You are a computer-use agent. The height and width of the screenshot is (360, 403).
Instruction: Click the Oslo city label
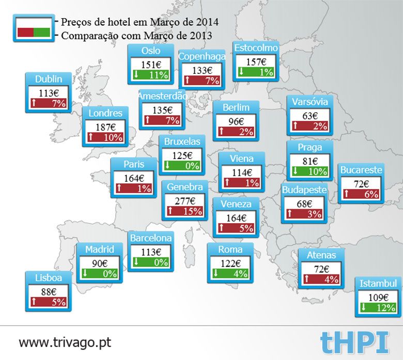click(150, 51)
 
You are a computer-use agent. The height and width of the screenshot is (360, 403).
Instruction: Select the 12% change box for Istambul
click(378, 308)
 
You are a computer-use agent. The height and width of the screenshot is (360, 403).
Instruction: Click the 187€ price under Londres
click(105, 127)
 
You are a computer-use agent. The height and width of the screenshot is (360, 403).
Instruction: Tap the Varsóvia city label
click(309, 101)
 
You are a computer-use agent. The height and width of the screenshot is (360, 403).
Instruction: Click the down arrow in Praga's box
click(295, 171)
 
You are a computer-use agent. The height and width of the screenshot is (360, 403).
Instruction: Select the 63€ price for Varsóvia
click(309, 115)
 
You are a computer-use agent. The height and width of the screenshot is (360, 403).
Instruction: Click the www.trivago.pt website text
click(65, 342)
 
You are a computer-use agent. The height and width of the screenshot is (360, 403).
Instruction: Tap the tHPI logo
click(354, 342)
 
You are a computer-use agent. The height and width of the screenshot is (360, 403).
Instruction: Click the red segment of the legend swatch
click(25, 32)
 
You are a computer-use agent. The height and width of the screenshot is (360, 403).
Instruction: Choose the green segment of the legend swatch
click(42, 32)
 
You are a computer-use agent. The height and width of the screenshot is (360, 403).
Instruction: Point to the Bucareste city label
click(361, 169)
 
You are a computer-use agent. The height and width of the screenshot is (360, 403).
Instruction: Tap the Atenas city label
click(321, 255)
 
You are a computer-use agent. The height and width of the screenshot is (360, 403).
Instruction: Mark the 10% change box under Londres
click(105, 137)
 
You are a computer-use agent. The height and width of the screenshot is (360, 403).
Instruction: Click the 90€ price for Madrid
click(99, 263)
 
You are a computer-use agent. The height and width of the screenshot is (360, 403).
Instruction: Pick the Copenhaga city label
click(202, 56)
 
